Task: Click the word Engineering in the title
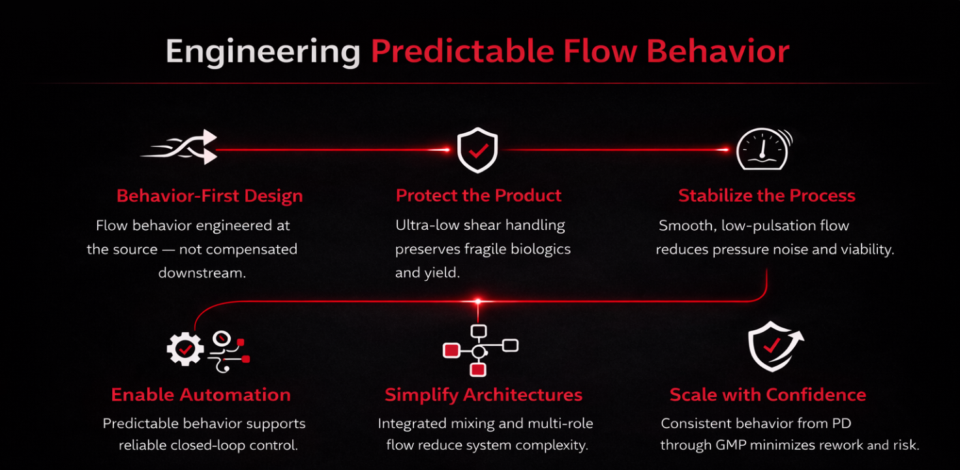pyautogui.click(x=263, y=52)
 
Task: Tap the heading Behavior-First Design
pyautogui.click(x=209, y=196)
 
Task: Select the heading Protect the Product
pyautogui.click(x=479, y=195)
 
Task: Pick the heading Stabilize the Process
pyautogui.click(x=766, y=196)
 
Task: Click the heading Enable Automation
pyautogui.click(x=201, y=395)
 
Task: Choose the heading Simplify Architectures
pyautogui.click(x=483, y=395)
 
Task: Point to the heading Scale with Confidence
pyautogui.click(x=768, y=395)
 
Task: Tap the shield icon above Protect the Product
pyautogui.click(x=478, y=149)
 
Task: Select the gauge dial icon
pyautogui.click(x=762, y=149)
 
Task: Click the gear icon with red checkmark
pyautogui.click(x=185, y=349)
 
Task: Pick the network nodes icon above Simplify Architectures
pyautogui.click(x=479, y=350)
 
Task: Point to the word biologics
pyautogui.click(x=539, y=249)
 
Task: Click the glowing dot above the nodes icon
pyautogui.click(x=478, y=302)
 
